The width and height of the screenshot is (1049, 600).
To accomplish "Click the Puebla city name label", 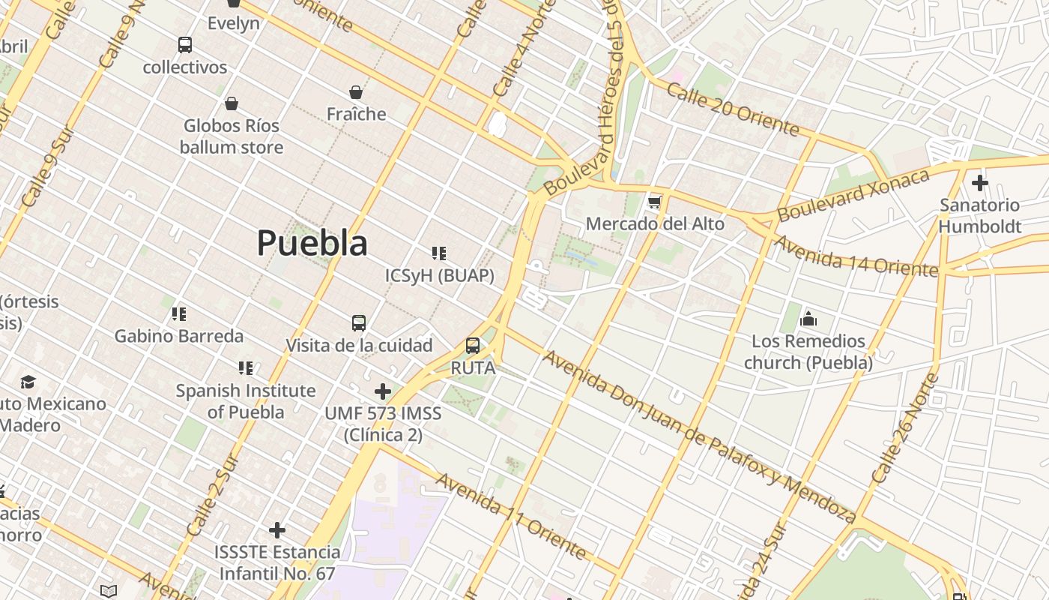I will [312, 243].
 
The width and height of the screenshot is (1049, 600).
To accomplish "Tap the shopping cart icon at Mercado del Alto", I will [655, 202].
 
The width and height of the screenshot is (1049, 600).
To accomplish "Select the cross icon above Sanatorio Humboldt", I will [979, 182].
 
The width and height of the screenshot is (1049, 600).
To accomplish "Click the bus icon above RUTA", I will [473, 346].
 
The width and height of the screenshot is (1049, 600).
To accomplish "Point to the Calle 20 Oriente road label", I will [733, 110].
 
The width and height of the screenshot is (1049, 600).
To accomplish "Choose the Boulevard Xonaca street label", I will [853, 195].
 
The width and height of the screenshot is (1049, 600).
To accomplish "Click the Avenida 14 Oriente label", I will [855, 256].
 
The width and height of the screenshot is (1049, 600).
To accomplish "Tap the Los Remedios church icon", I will [808, 319].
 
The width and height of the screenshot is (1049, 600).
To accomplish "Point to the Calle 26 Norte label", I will [905, 428].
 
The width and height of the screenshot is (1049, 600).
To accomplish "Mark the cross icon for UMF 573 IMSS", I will [383, 391].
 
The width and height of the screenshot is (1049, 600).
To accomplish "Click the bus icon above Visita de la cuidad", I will [359, 323].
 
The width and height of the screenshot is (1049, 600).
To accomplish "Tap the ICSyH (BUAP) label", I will [440, 276].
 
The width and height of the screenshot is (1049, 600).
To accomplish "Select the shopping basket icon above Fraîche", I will [356, 92].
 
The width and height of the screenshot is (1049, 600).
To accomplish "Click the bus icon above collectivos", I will [185, 45].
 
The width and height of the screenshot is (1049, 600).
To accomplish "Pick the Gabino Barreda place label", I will [178, 336].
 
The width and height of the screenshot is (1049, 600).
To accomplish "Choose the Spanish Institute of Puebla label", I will [245, 401].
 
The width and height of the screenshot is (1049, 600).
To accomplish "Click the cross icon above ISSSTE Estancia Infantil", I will [277, 530].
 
